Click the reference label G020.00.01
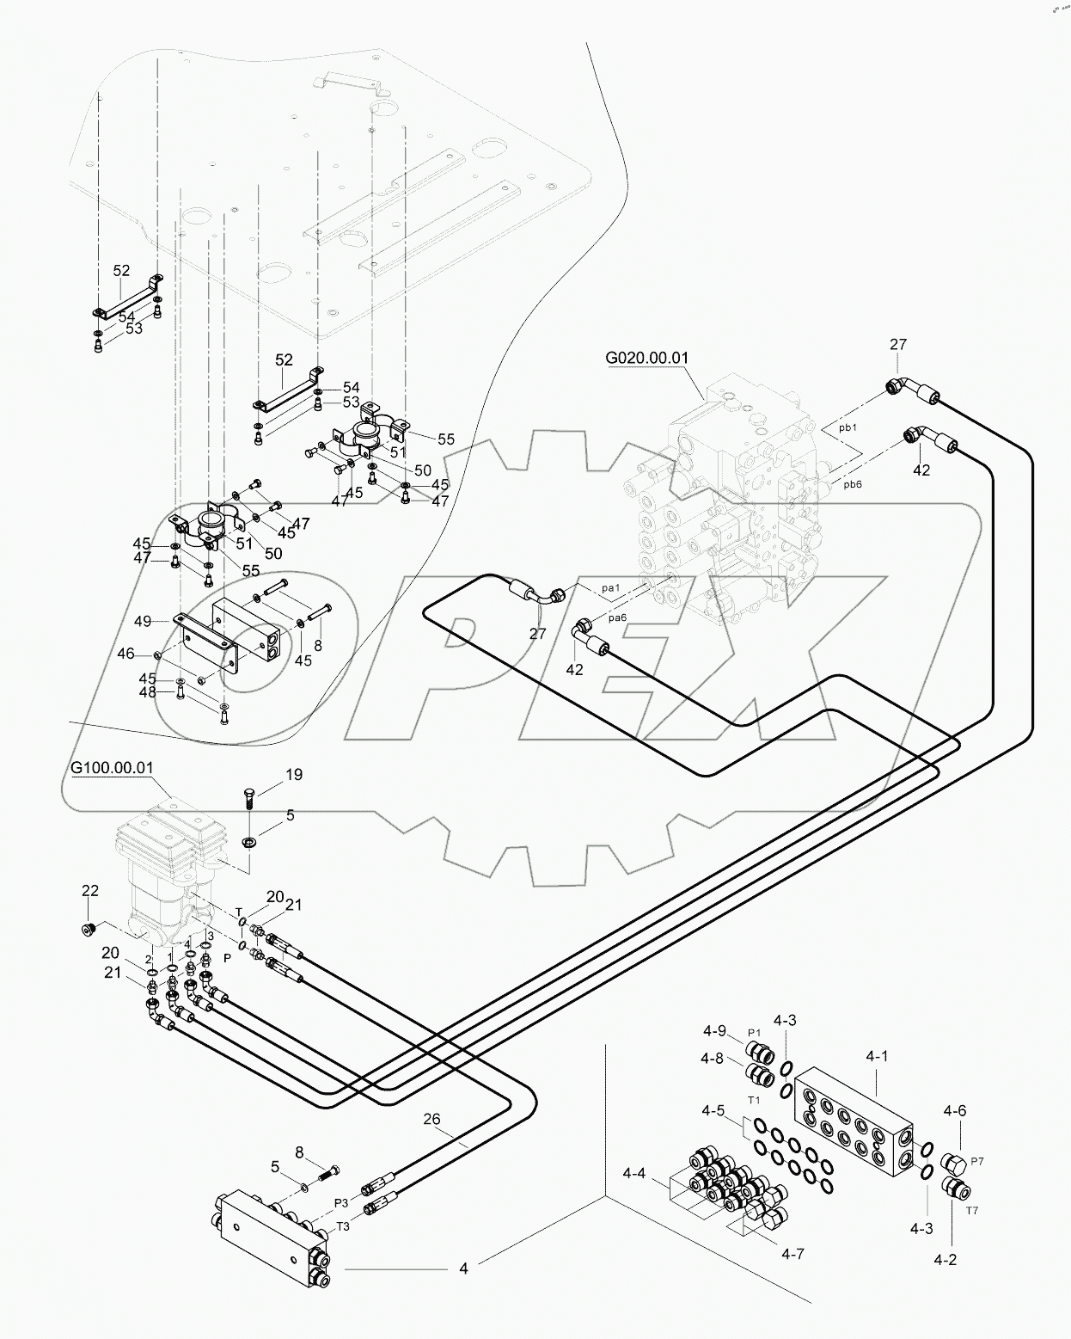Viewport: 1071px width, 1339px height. pyautogui.click(x=647, y=357)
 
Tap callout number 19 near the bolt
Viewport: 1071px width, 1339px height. pyautogui.click(x=293, y=775)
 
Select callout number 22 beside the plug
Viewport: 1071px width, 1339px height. pyautogui.click(x=90, y=890)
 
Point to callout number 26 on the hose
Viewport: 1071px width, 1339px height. pyautogui.click(x=432, y=1119)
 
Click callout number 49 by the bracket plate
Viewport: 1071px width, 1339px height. pyautogui.click(x=143, y=621)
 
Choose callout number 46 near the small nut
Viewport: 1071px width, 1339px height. pyautogui.click(x=125, y=654)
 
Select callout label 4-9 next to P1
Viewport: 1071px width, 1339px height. pyautogui.click(x=714, y=1032)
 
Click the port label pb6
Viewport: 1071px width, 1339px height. pyautogui.click(x=852, y=484)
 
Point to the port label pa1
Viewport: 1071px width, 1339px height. pyautogui.click(x=611, y=588)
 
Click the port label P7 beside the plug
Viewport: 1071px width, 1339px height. pyautogui.click(x=976, y=1160)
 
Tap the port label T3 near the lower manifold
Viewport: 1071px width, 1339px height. pyautogui.click(x=343, y=1226)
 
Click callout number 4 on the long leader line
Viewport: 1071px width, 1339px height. pyautogui.click(x=463, y=1268)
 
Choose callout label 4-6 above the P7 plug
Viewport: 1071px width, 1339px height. pyautogui.click(x=955, y=1110)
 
